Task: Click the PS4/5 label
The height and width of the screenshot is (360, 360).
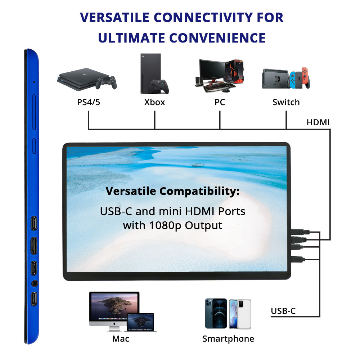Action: (x=89, y=102)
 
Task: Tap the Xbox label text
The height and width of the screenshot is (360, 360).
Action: (x=154, y=102)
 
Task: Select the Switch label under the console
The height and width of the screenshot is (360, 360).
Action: (x=286, y=102)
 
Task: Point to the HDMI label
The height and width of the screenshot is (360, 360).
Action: (x=318, y=122)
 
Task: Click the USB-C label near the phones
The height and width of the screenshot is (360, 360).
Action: (x=283, y=311)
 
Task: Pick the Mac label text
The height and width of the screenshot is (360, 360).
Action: (x=121, y=339)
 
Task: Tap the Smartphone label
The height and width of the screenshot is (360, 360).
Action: (x=228, y=339)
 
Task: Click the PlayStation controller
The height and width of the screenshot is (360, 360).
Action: (x=106, y=82)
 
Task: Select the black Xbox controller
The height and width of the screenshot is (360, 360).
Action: (x=159, y=86)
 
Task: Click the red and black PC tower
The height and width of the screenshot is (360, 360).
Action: (x=234, y=71)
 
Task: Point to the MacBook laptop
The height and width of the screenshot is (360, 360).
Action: (x=140, y=322)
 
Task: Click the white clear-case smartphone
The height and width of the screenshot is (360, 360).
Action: (x=240, y=314)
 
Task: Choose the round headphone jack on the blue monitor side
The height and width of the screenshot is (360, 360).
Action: (x=35, y=284)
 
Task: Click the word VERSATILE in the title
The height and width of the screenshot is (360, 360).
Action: (x=114, y=17)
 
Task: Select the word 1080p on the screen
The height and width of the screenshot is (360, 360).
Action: (x=165, y=226)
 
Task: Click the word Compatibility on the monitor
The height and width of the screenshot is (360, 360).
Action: (x=199, y=192)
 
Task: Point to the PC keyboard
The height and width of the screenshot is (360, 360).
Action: (x=219, y=87)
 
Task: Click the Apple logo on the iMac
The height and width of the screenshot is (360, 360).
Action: (x=114, y=324)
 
